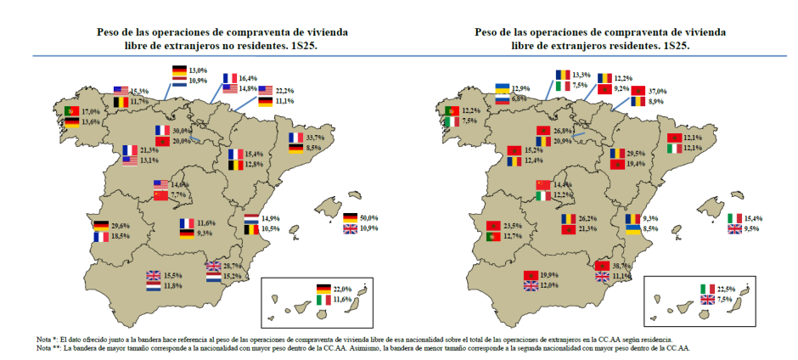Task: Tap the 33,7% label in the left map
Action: pos(316,137)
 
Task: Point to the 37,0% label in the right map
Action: pos(633,91)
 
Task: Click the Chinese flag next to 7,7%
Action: pos(161,195)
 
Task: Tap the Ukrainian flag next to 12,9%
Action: pos(503,88)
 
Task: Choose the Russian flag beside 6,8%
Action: pos(503,98)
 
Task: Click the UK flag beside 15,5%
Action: pos(153,275)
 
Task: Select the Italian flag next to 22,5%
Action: pos(706,289)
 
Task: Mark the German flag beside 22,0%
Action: pos(323,289)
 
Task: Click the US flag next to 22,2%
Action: pos(267,90)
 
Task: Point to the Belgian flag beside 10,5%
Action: pos(251,228)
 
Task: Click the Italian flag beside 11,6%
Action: pos(323,300)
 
